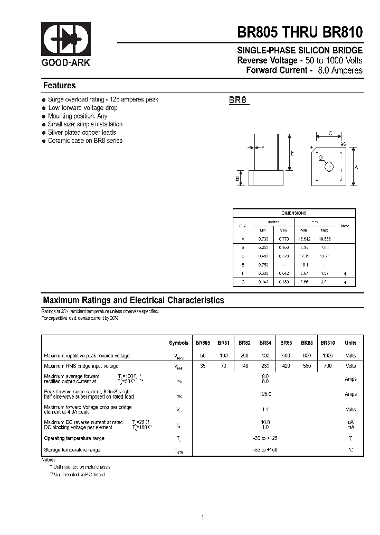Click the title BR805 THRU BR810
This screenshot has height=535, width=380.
pyautogui.click(x=300, y=32)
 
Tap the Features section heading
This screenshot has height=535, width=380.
pyautogui.click(x=59, y=86)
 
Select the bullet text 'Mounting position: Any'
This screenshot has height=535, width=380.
pyautogui.click(x=78, y=116)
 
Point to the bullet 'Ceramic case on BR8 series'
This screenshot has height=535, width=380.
pyautogui.click(x=85, y=141)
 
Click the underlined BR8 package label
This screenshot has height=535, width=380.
pyautogui.click(x=238, y=100)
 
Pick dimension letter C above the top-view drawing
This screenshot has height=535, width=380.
pyautogui.click(x=330, y=134)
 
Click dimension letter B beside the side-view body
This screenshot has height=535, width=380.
pyautogui.click(x=237, y=179)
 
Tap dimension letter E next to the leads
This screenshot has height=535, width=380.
pyautogui.click(x=292, y=153)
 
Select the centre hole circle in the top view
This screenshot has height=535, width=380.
pyautogui.click(x=330, y=167)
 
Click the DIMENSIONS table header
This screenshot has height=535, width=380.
pyautogui.click(x=294, y=213)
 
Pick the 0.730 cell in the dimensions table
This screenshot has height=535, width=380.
pyautogui.click(x=262, y=239)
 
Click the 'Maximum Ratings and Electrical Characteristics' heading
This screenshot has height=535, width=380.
pyautogui.click(x=134, y=300)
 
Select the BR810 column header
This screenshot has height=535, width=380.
pyautogui.click(x=328, y=343)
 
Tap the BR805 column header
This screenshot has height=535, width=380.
pyautogui.click(x=203, y=343)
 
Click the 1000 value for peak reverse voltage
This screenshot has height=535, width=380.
pyautogui.click(x=328, y=356)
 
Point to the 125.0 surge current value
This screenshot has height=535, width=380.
pyautogui.click(x=265, y=394)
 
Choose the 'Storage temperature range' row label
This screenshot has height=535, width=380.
pyautogui.click(x=72, y=450)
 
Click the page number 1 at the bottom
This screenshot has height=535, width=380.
pyautogui.click(x=202, y=503)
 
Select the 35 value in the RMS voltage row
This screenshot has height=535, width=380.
pyautogui.click(x=203, y=366)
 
